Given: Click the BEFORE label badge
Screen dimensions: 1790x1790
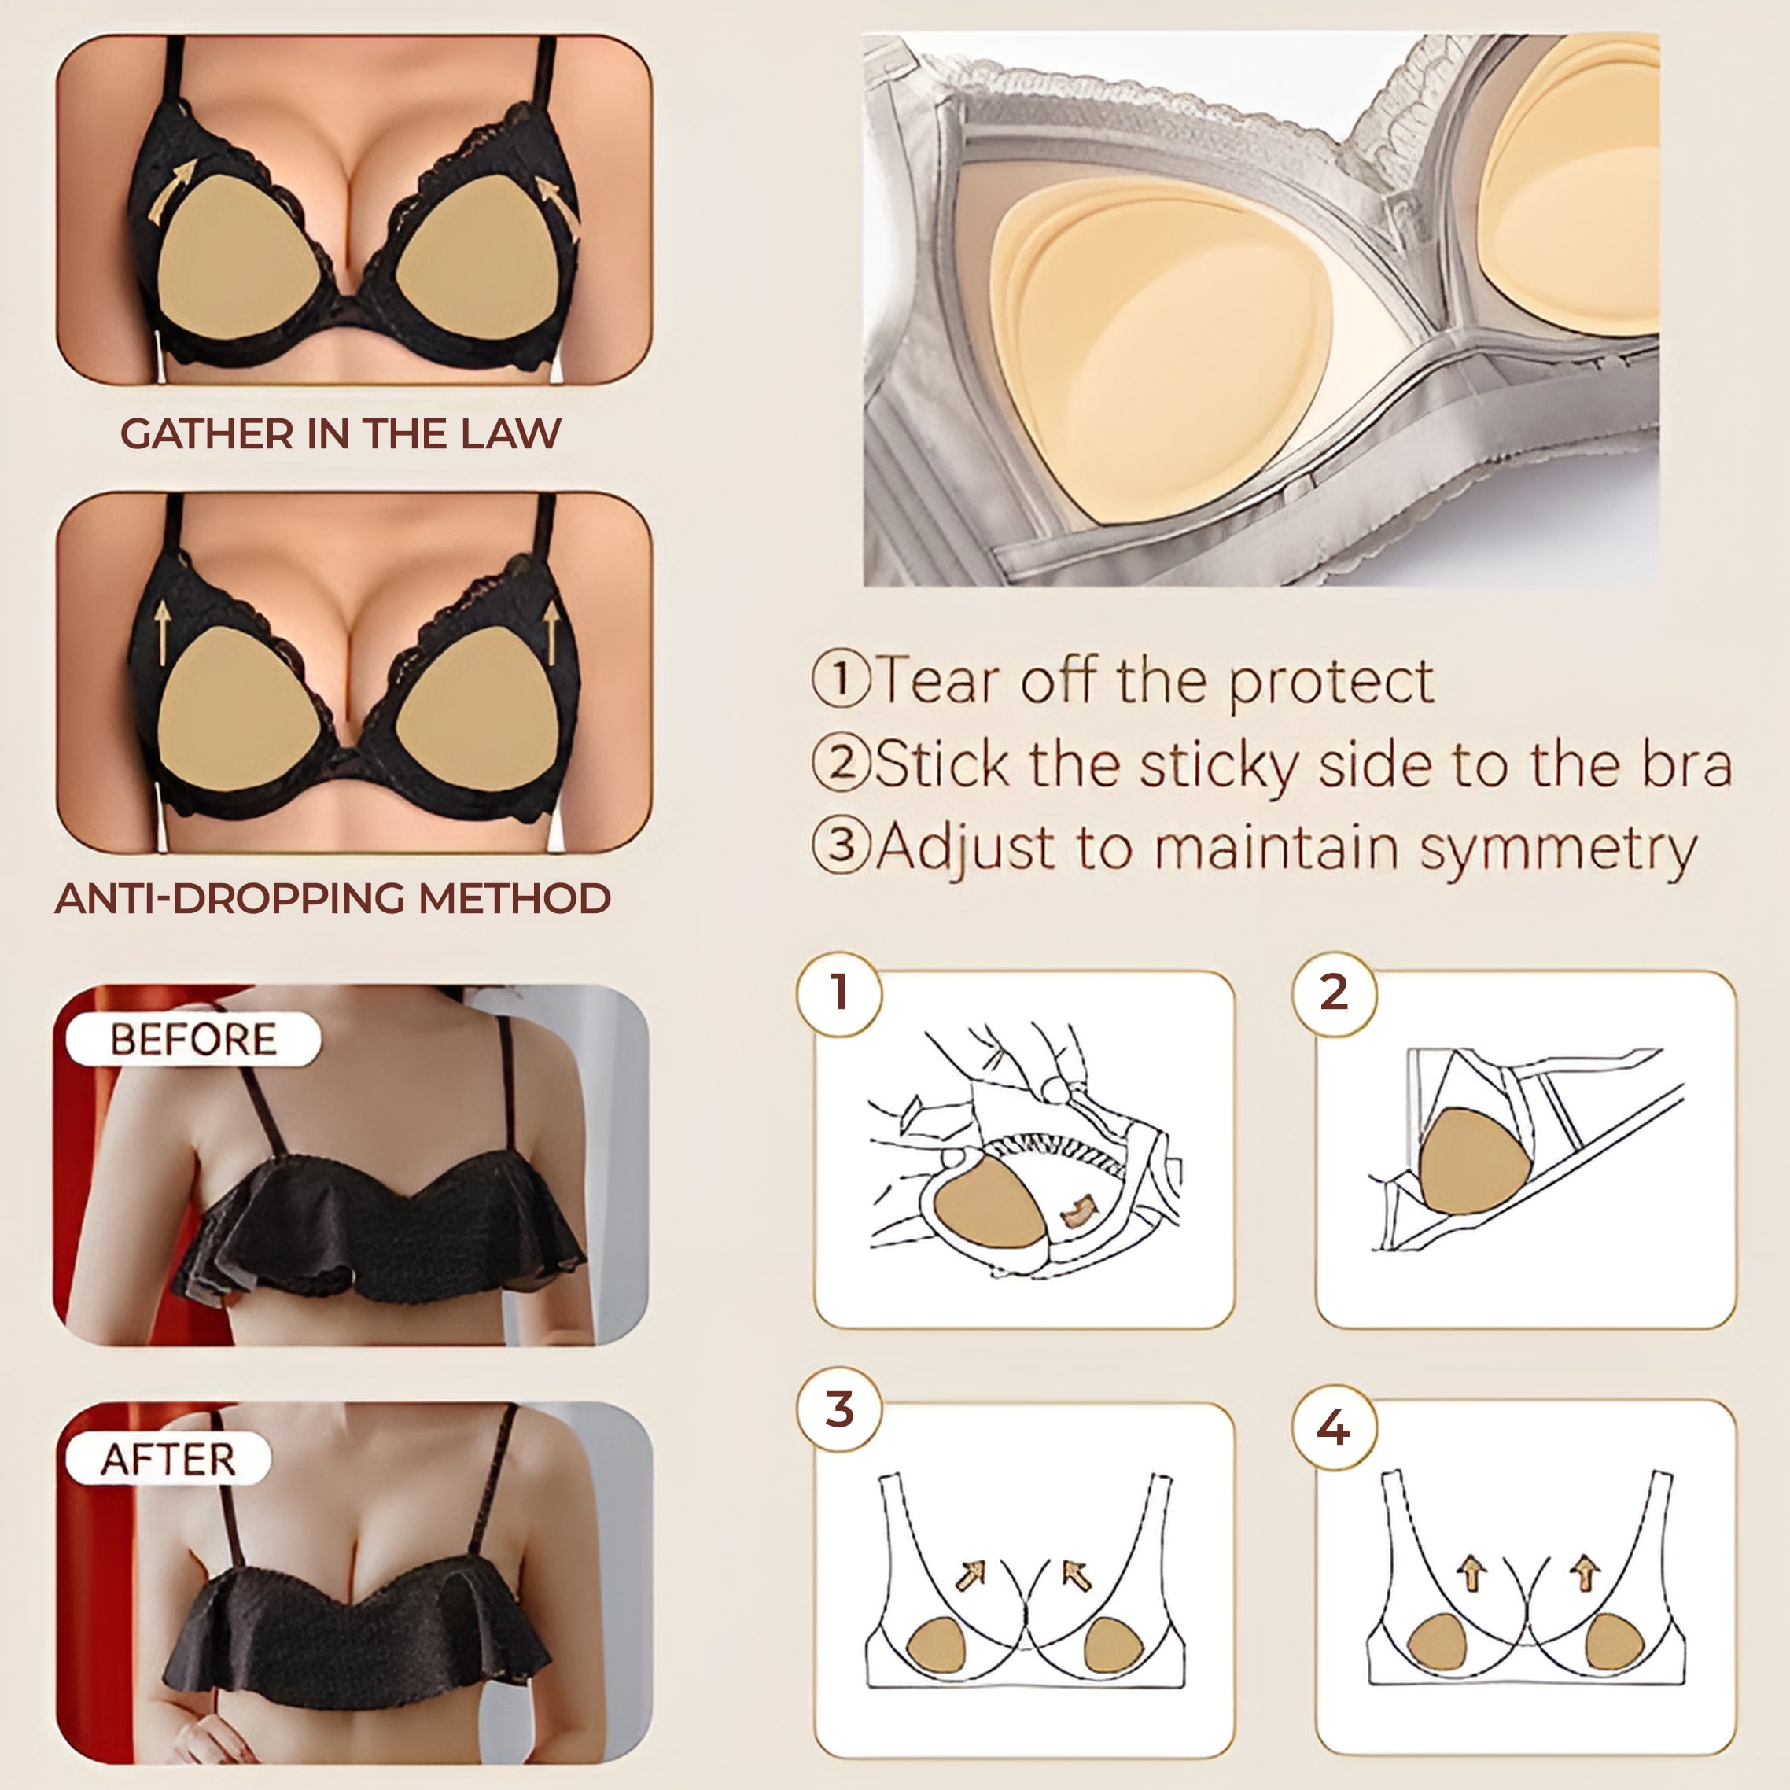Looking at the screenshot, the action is pos(193,1040).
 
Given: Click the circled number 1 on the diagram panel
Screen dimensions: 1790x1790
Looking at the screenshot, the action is pos(839,993).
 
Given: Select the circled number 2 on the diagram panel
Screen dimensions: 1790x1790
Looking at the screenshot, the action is pos(1334,993).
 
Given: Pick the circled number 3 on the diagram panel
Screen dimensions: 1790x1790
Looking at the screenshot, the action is pos(839,1409).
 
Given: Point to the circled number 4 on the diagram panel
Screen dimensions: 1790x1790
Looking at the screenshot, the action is pos(1334,1427).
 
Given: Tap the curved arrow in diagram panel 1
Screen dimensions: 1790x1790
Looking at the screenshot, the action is pos(1078,1210).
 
